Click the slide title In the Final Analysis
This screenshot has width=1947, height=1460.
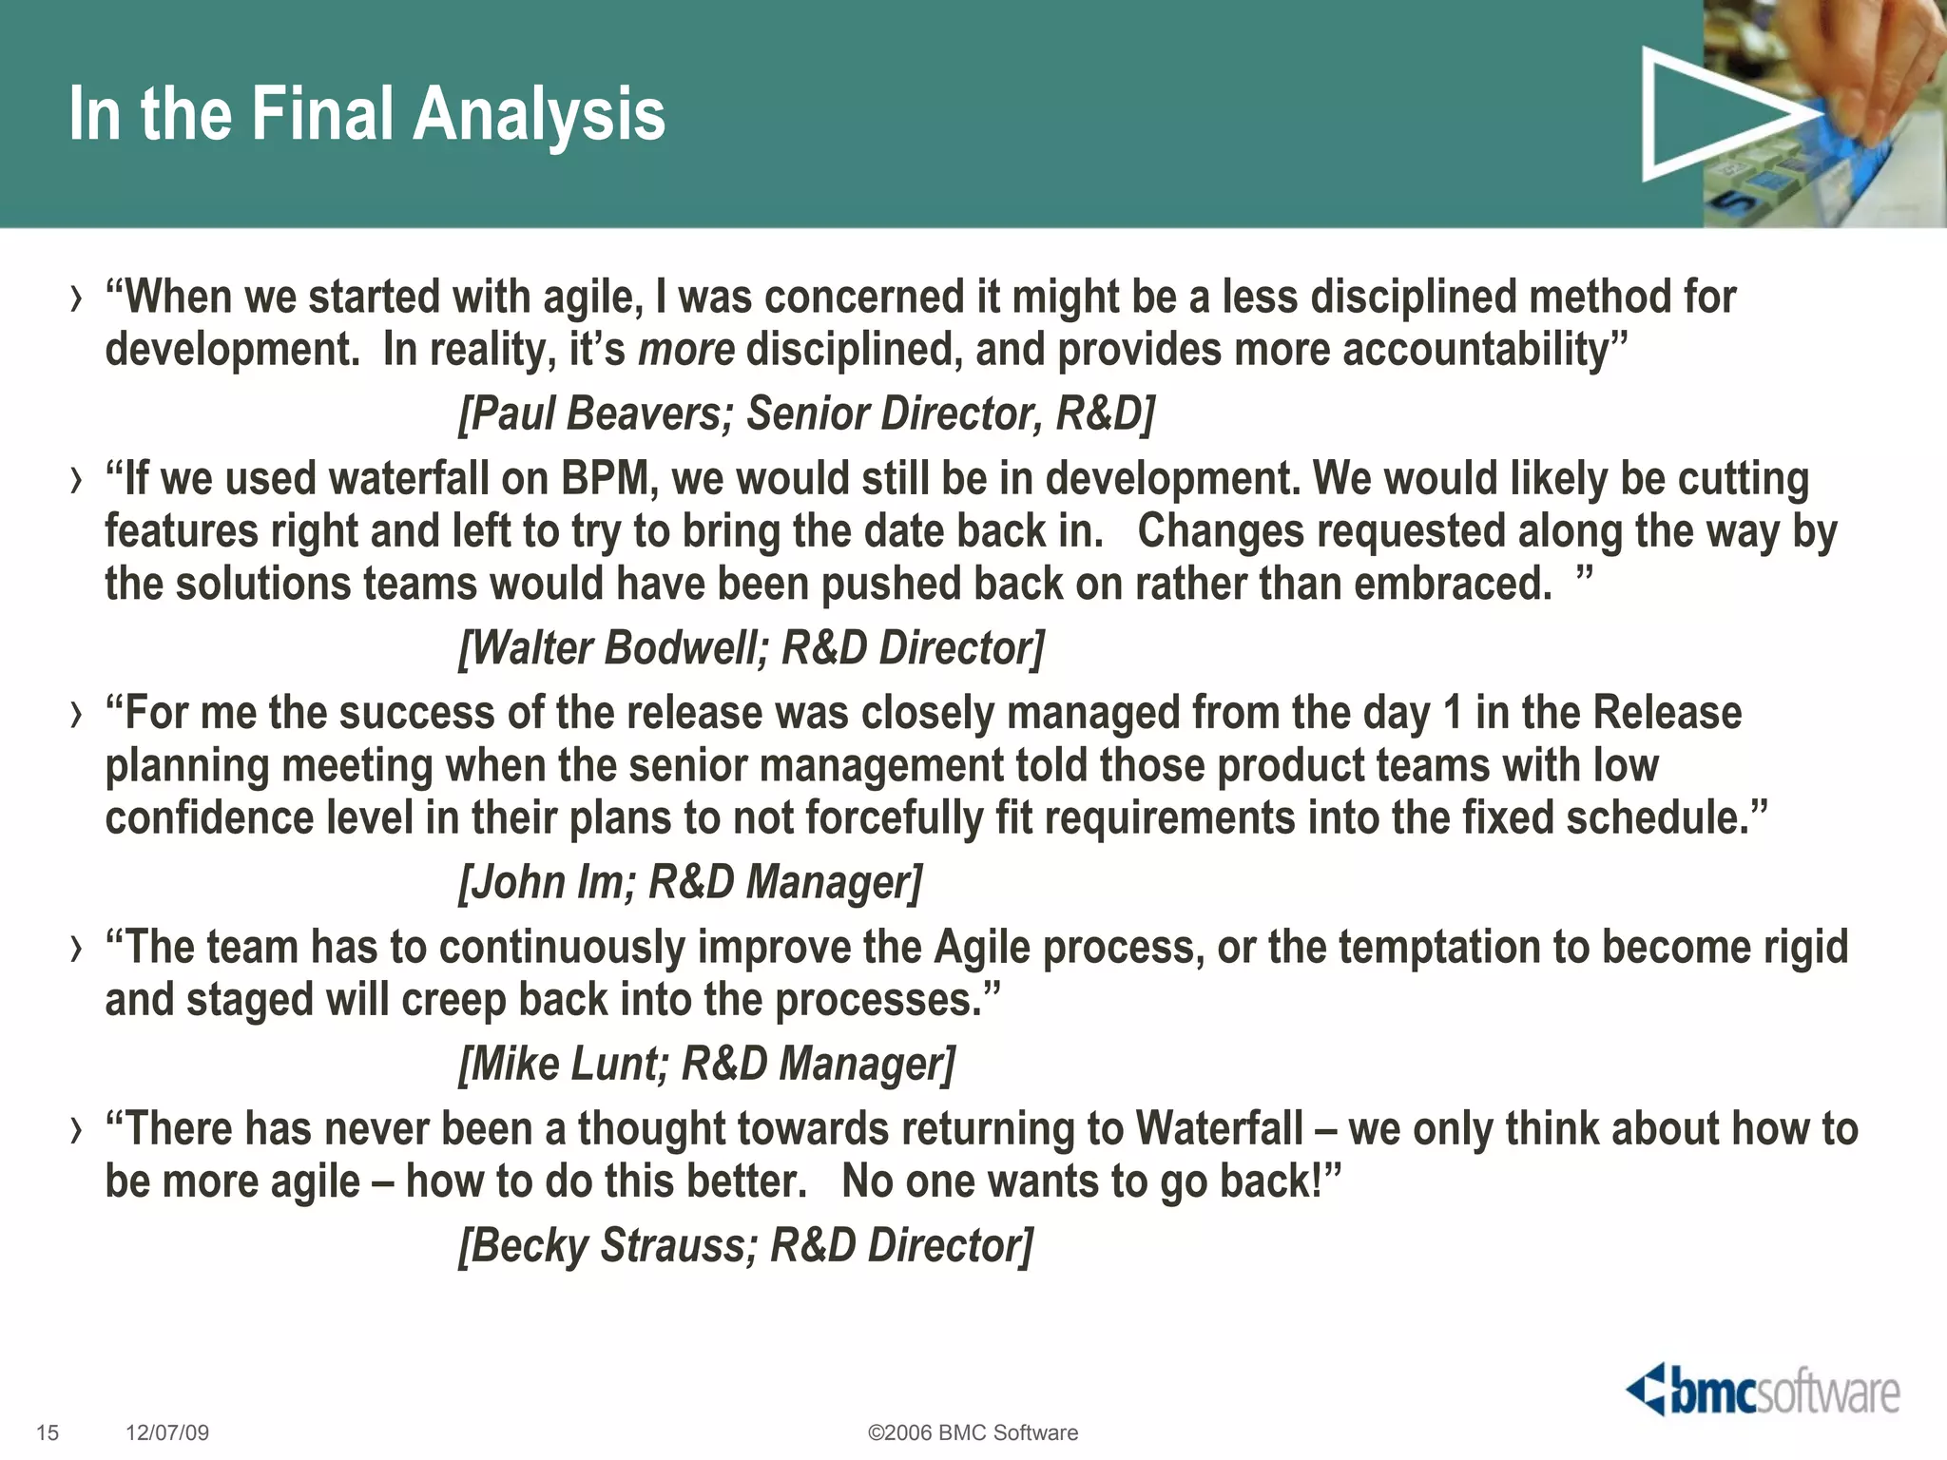tap(367, 114)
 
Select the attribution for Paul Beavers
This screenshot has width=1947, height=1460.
tap(806, 413)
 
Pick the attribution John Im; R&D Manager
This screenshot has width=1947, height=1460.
tap(690, 882)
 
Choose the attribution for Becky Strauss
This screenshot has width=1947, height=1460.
tap(745, 1245)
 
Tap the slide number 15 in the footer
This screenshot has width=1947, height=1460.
tap(48, 1432)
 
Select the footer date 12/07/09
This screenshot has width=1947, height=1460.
tap(167, 1432)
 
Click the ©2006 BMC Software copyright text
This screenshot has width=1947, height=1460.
tap(973, 1432)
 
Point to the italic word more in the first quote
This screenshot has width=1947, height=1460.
tap(686, 350)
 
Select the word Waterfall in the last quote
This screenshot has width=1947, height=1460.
tap(1219, 1129)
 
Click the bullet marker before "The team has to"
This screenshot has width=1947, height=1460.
tap(76, 949)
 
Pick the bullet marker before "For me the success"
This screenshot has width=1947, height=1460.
tap(76, 715)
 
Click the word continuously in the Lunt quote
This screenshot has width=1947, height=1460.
tap(562, 948)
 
